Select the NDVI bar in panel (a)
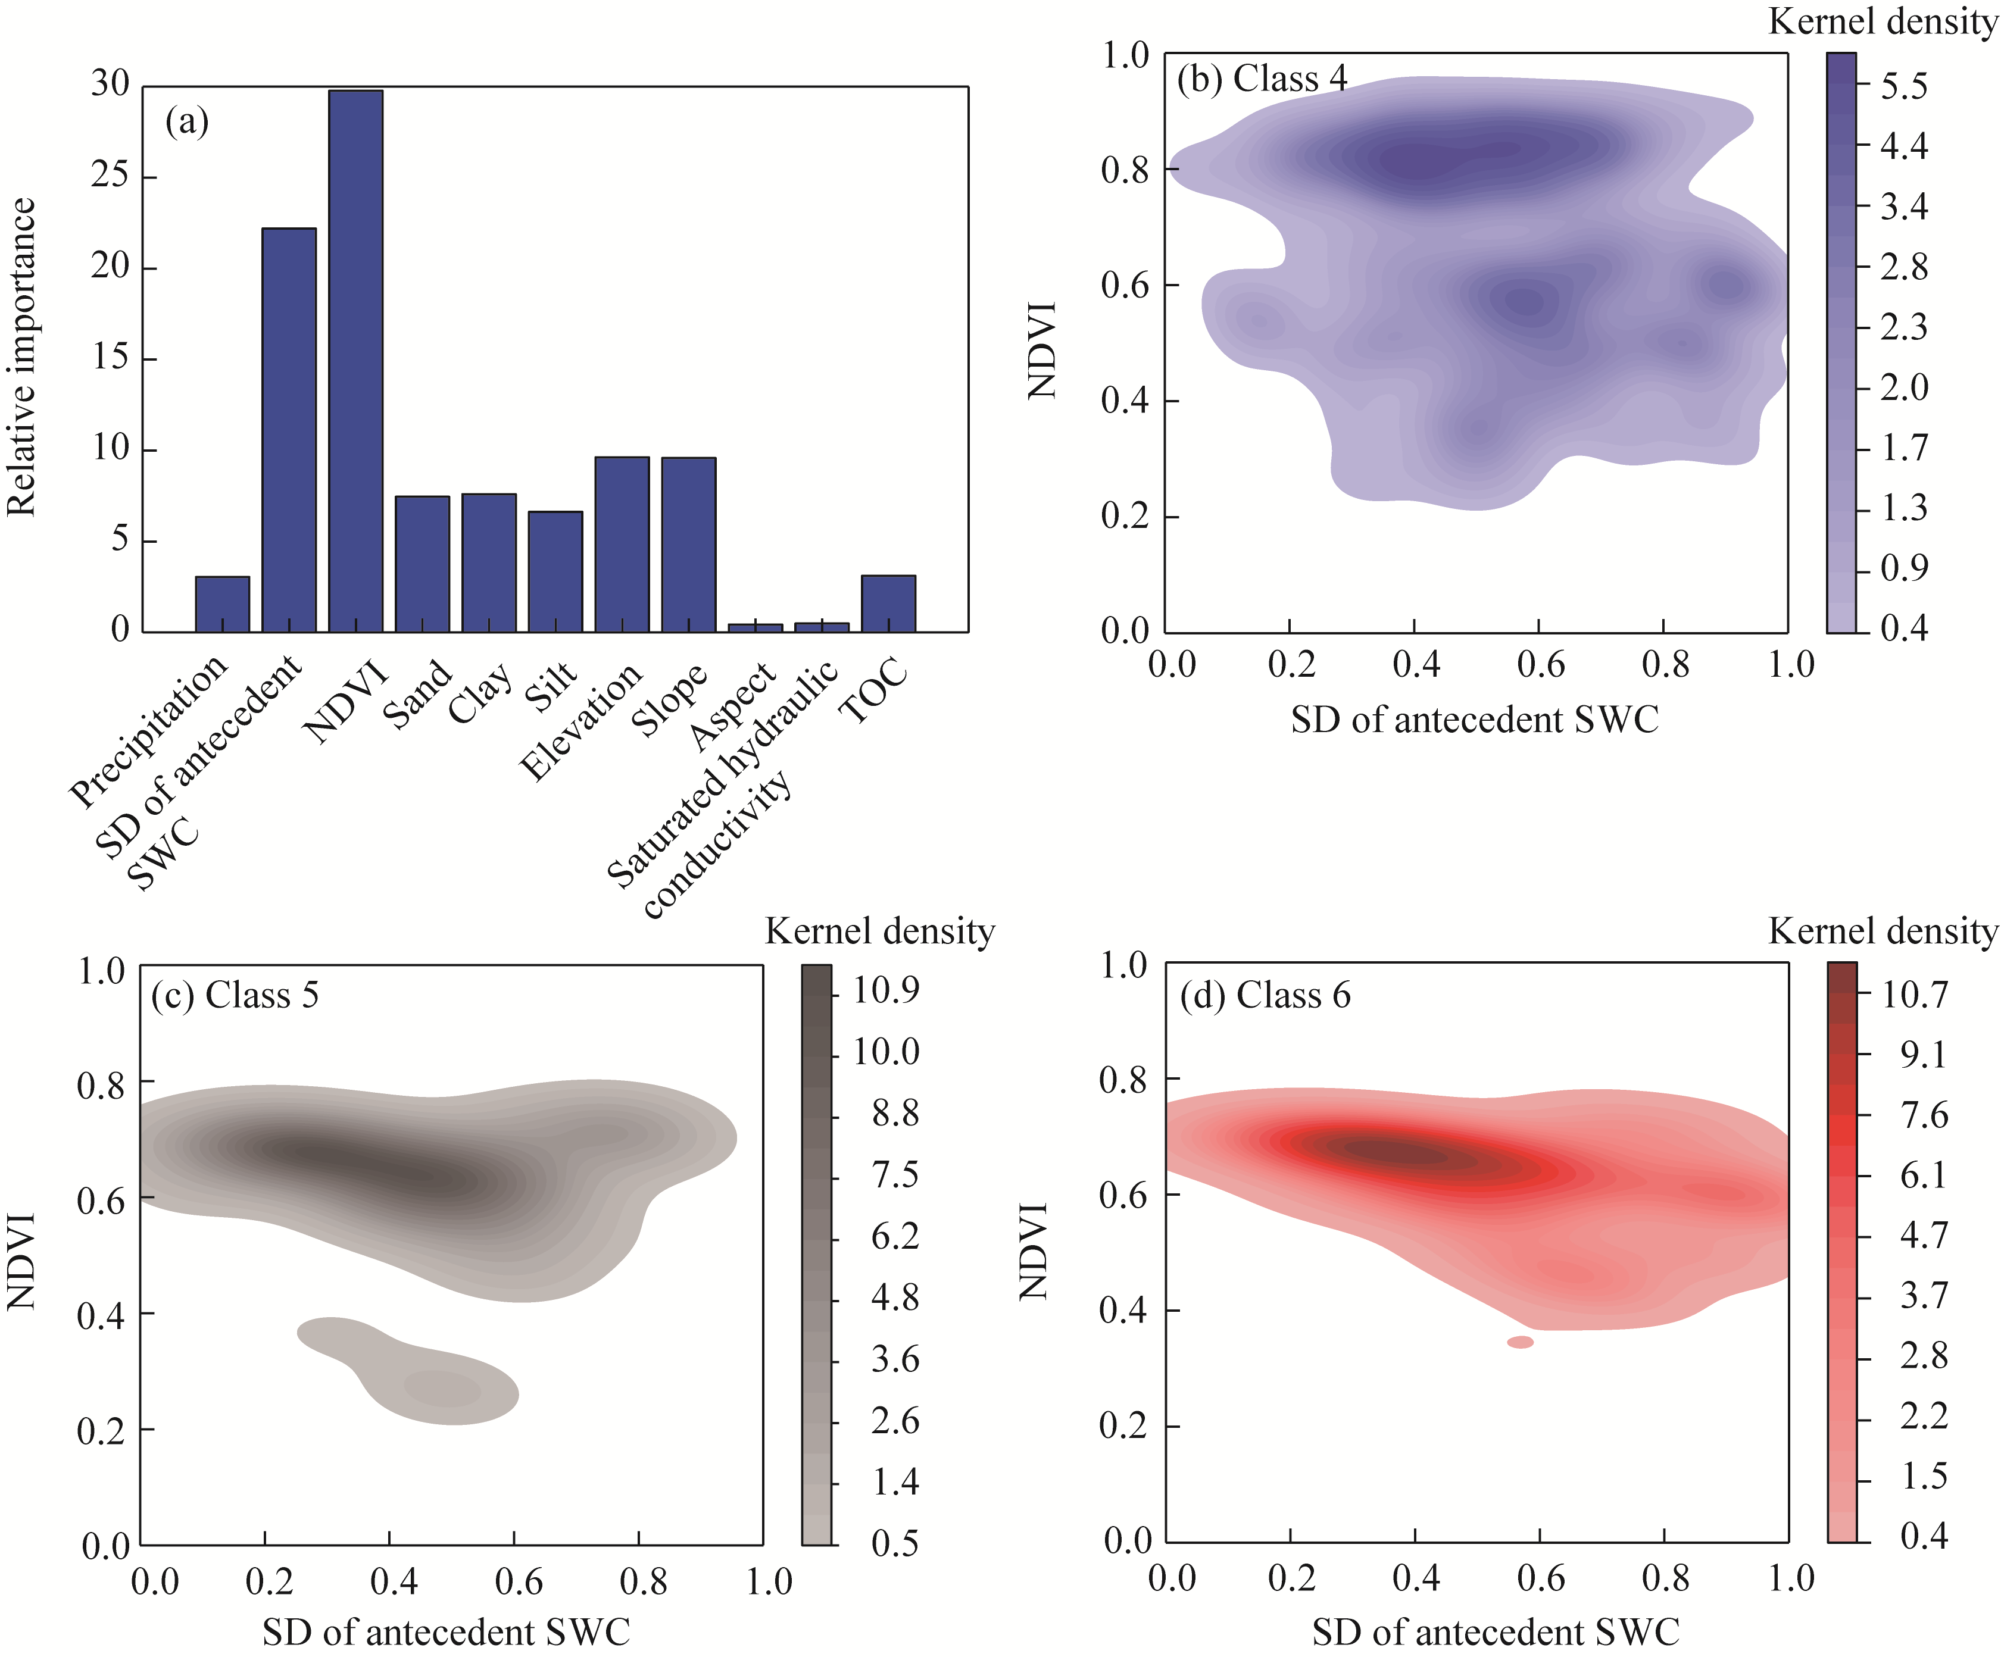(355, 362)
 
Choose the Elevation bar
(622, 544)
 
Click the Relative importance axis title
(21, 357)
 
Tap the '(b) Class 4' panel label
(1262, 78)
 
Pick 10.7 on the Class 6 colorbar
(1914, 995)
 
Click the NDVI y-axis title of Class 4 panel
(1041, 350)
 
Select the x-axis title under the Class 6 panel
(1495, 1632)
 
